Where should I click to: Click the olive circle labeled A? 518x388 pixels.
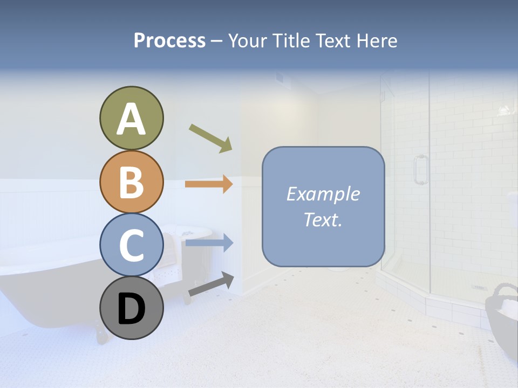point(132,118)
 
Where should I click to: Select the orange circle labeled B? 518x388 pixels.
point(132,182)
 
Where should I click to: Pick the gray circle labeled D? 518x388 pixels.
point(132,308)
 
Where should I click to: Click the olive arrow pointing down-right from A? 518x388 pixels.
point(210,138)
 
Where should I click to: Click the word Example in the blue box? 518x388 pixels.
point(323,194)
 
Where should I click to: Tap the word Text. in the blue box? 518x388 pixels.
point(323,219)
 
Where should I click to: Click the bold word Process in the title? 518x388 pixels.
point(169,40)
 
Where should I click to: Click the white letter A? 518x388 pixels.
point(132,119)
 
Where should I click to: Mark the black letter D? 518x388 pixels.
point(132,309)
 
